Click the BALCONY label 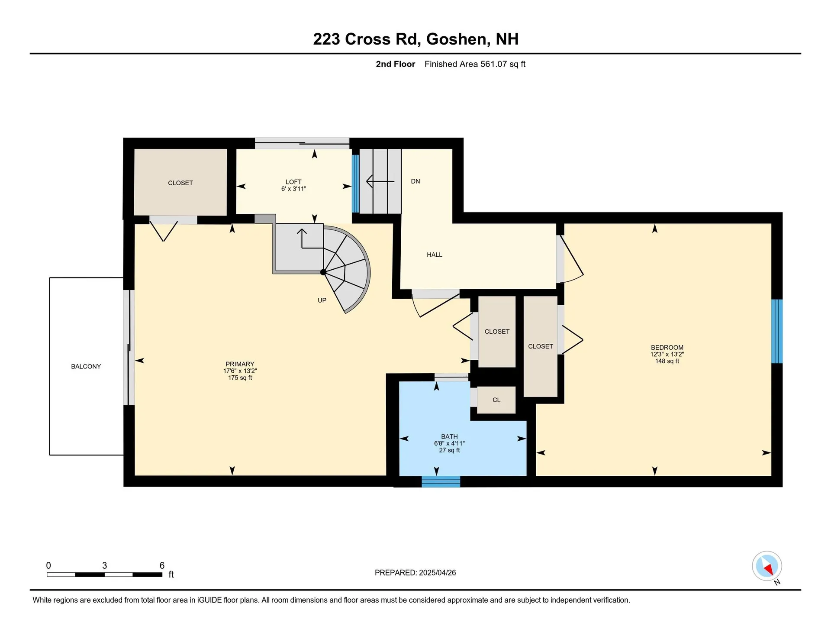86,366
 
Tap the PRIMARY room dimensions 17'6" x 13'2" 240,371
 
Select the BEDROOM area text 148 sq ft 667,361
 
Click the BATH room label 449,436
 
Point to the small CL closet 496,400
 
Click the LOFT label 293,182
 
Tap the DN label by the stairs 415,181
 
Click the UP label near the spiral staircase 322,300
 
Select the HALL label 435,255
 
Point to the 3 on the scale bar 104,565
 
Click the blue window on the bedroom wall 777,331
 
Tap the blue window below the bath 441,481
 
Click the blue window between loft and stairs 355,184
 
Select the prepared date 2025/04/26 437,572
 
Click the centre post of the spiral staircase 323,272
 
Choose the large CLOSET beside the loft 180,183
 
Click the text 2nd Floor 395,64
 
